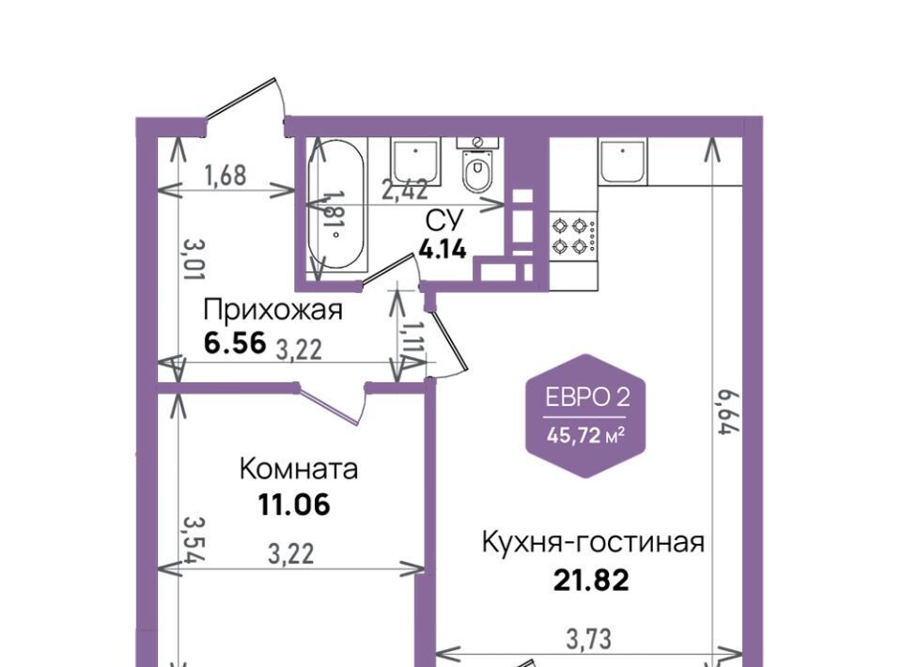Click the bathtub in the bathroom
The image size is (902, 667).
coord(336,204)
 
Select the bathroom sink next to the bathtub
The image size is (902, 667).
coord(415,161)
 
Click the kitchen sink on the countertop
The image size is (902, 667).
coord(623,161)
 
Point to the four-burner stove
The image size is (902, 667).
coord(573,235)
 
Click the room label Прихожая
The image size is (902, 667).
coord(272,311)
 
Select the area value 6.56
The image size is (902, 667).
coord(235,343)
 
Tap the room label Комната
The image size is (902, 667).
coord(299,469)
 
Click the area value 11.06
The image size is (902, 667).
coord(294,505)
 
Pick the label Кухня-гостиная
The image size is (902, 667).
coord(593,542)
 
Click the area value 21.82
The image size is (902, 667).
coord(591,581)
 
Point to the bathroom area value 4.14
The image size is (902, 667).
coord(443,250)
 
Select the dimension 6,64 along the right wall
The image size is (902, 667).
coord(727,412)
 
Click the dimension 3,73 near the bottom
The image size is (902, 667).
coord(588,639)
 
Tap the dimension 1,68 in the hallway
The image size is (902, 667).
coord(225,176)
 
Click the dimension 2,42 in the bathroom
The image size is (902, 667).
coord(406,189)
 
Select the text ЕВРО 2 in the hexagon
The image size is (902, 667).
coord(587,397)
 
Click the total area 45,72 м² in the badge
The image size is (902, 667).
coord(586,435)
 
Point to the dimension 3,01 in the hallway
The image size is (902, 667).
coord(194,260)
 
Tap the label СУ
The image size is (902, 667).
coord(444,220)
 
